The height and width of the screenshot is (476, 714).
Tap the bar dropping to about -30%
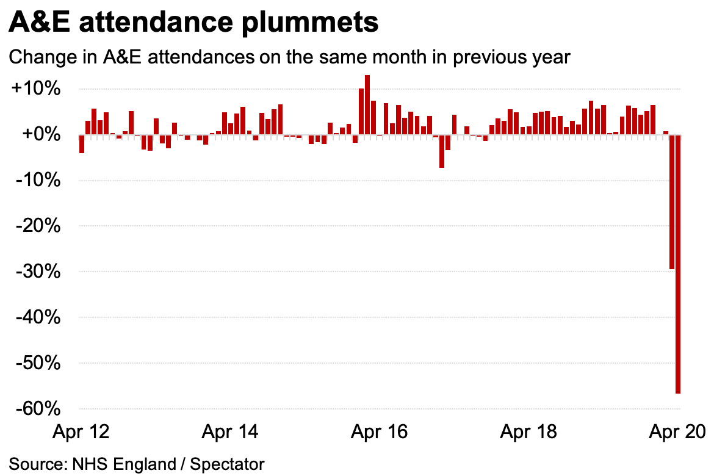click(672, 202)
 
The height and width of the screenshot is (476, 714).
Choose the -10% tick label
click(37, 180)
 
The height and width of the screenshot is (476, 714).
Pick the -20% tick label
click(37, 226)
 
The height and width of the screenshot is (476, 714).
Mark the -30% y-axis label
click(37, 272)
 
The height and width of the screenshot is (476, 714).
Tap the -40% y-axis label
click(37, 317)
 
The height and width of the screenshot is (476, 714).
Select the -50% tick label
click(37, 363)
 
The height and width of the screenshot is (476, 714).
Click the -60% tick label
click(37, 409)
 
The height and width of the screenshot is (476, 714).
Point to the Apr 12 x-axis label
click(81, 432)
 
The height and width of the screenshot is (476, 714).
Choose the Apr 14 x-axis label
click(229, 432)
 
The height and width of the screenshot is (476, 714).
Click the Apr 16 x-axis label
click(379, 432)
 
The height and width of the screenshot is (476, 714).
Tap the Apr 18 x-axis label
click(528, 432)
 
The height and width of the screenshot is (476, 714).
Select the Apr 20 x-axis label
click(677, 432)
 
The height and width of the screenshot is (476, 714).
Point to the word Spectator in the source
click(228, 464)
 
